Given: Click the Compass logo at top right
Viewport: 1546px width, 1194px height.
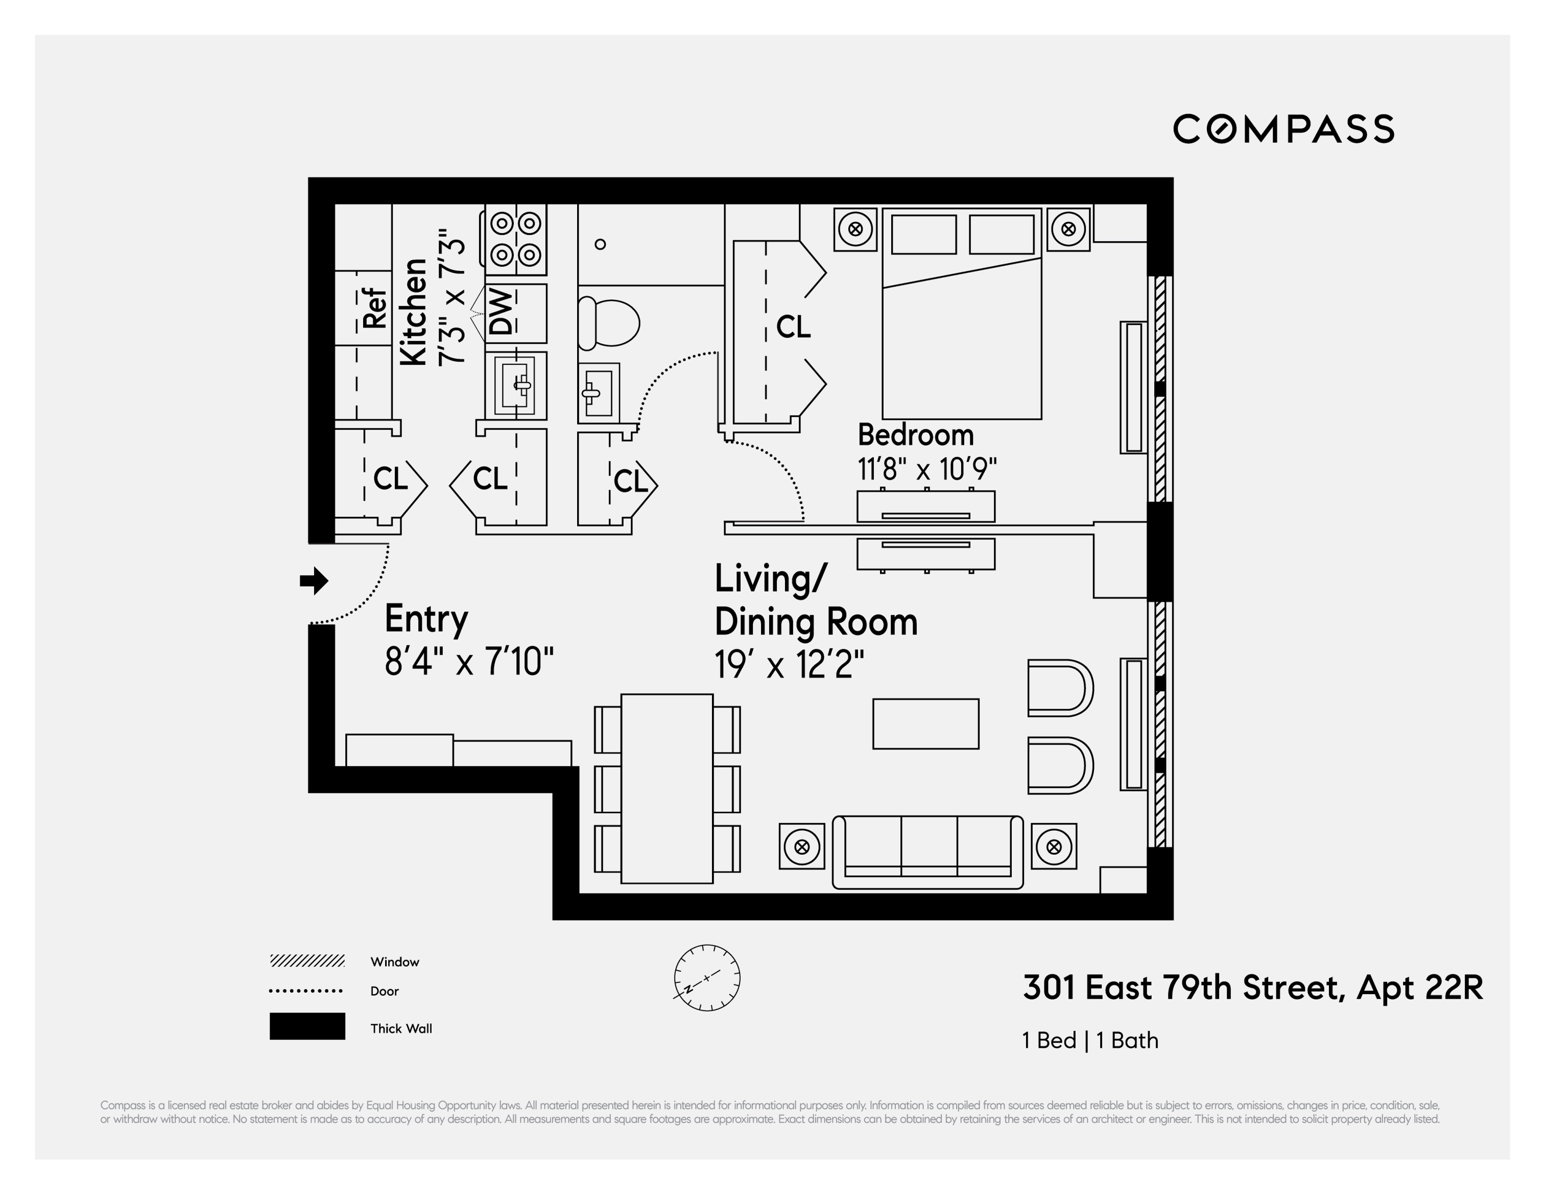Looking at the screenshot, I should (x=1282, y=129).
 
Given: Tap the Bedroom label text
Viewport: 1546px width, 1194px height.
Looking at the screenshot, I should (x=915, y=435).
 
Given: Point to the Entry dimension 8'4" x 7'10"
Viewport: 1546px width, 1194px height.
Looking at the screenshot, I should (x=469, y=662).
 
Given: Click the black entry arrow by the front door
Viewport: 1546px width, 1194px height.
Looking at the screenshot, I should (x=314, y=581).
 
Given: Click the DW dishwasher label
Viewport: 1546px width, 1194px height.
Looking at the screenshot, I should (x=501, y=312).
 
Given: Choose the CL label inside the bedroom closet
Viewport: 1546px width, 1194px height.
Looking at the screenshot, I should (x=793, y=327).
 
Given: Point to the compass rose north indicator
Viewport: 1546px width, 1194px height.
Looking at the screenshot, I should (x=706, y=977).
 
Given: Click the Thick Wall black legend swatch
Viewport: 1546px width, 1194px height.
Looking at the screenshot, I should (x=307, y=1026).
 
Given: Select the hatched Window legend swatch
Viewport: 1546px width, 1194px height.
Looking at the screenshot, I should (x=307, y=961).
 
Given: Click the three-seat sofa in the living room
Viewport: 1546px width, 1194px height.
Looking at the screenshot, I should (x=927, y=852).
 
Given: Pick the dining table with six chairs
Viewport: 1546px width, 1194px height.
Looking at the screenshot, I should (x=667, y=788).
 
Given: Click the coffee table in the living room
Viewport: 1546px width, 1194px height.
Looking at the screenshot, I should (x=925, y=724).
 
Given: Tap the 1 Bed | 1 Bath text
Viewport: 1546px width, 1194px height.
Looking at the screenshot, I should (x=1090, y=1040).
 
